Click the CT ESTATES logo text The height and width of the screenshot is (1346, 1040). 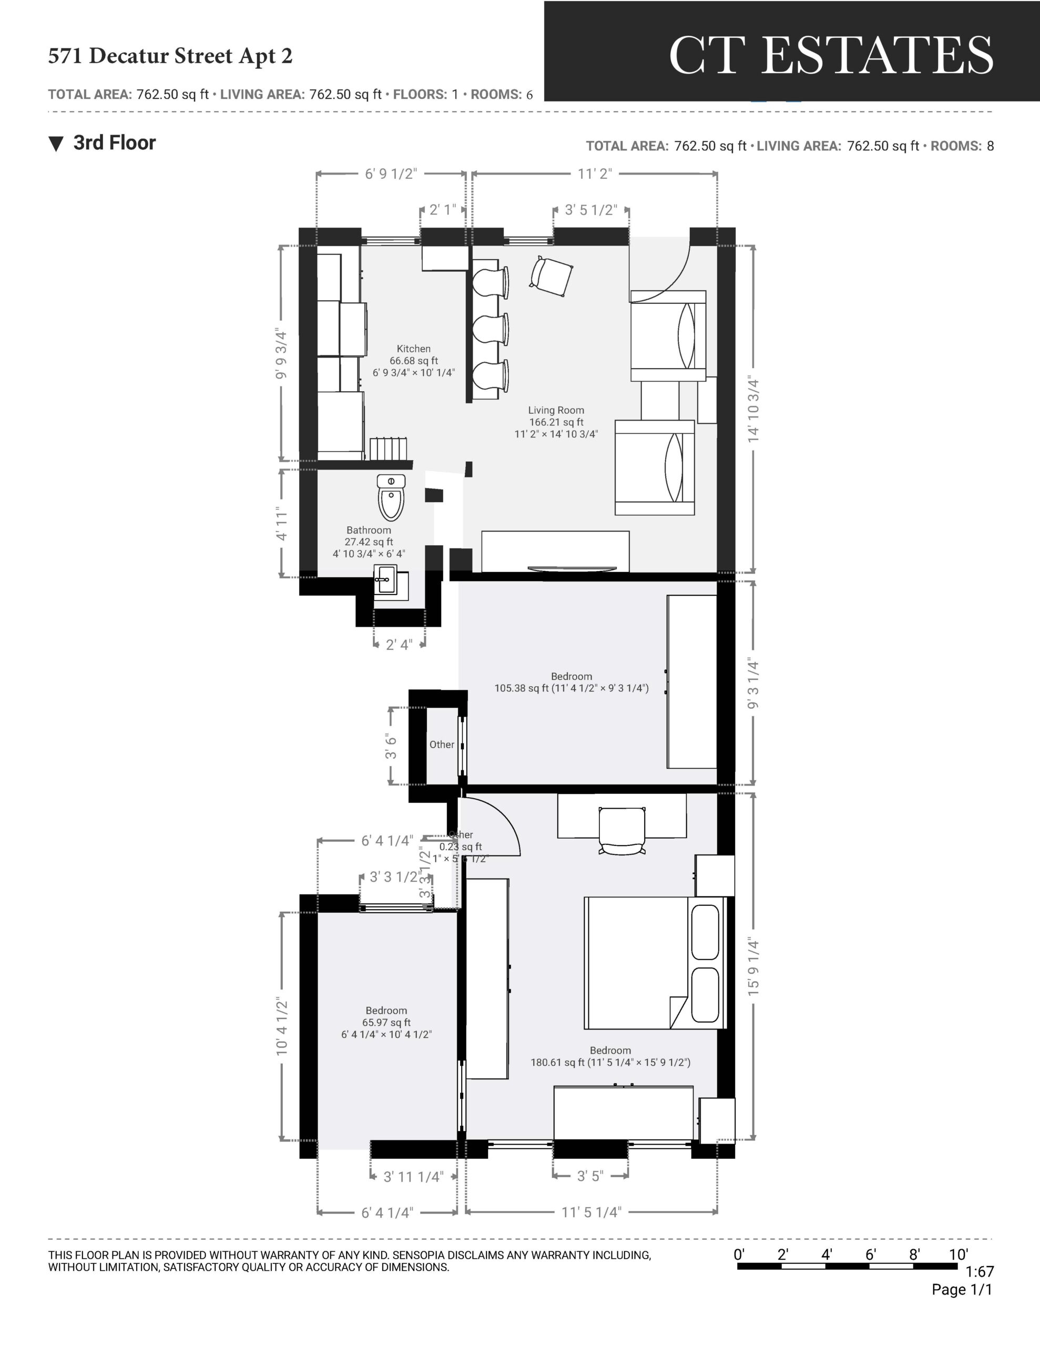(x=830, y=55)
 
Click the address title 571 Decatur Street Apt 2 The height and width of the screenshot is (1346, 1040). (x=170, y=56)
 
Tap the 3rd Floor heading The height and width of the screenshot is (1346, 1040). (x=114, y=143)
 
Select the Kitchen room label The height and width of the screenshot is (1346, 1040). (x=414, y=349)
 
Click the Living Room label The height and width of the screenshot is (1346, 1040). (x=556, y=411)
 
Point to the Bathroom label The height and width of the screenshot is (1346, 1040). (x=369, y=530)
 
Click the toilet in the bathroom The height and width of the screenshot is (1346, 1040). (x=391, y=496)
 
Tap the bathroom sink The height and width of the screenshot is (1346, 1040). (x=387, y=580)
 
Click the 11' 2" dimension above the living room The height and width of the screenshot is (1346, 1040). (x=594, y=174)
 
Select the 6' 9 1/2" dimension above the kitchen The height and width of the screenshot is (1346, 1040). (x=391, y=174)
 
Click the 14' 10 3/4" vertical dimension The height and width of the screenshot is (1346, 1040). (x=753, y=409)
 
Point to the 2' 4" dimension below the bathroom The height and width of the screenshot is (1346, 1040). (x=399, y=645)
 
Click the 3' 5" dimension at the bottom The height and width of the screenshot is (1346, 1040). (x=590, y=1176)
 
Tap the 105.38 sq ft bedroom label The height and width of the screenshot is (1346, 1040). (x=572, y=682)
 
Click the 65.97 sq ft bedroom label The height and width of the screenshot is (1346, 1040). (x=386, y=1023)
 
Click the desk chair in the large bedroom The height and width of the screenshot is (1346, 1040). (x=623, y=830)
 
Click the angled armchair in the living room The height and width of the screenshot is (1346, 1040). (x=551, y=276)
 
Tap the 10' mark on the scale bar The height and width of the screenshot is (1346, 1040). (x=958, y=1254)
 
